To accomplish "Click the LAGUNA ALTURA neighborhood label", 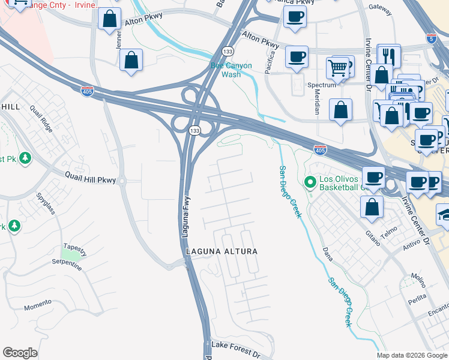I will pyautogui.click(x=221, y=251).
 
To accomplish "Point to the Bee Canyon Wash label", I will pyautogui.click(x=231, y=70).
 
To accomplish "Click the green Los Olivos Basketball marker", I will pyautogui.click(x=310, y=181).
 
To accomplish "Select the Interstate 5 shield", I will pyautogui.click(x=432, y=38).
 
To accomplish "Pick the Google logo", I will pyautogui.click(x=20, y=352).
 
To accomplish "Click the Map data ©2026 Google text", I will pyautogui.click(x=412, y=355).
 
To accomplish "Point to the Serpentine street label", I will pyautogui.click(x=67, y=263).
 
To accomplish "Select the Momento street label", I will pyautogui.click(x=38, y=307).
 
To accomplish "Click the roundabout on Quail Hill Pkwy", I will pyautogui.click(x=122, y=181).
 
